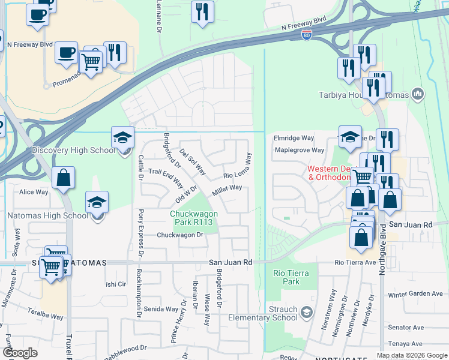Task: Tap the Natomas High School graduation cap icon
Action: click(x=97, y=203)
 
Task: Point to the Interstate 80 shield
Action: click(x=307, y=35)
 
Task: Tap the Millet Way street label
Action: click(x=226, y=191)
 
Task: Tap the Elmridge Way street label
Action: click(x=294, y=137)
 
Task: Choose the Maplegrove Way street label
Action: click(x=299, y=150)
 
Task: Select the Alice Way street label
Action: click(x=34, y=192)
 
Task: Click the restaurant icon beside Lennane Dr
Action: click(x=202, y=11)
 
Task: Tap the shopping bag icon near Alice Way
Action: click(x=63, y=179)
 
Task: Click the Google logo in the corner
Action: click(x=20, y=353)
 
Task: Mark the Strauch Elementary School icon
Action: click(x=307, y=312)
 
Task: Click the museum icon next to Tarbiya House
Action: click(x=418, y=94)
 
